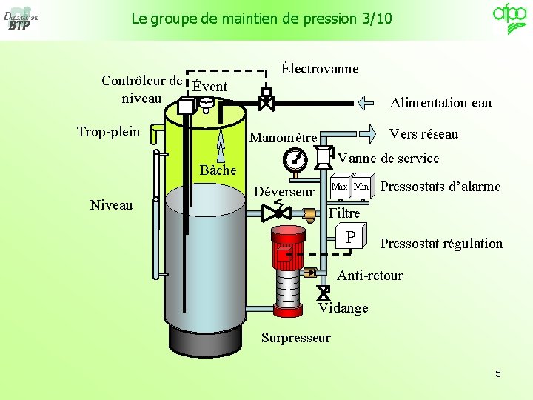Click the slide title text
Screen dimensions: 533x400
[261, 19]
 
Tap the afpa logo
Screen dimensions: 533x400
[509, 16]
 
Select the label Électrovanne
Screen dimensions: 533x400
[320, 69]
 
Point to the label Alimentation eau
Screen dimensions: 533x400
[440, 103]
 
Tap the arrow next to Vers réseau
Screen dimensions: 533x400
[368, 133]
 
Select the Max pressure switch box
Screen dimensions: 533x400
[339, 187]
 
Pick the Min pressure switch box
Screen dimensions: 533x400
[361, 187]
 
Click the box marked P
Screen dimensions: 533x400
[352, 237]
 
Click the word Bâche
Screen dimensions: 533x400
[218, 170]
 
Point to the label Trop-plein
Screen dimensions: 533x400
[108, 132]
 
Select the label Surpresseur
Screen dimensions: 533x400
[296, 338]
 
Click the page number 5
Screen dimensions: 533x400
[498, 373]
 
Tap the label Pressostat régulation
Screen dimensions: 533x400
[441, 244]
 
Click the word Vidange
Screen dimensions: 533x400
[343, 307]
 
